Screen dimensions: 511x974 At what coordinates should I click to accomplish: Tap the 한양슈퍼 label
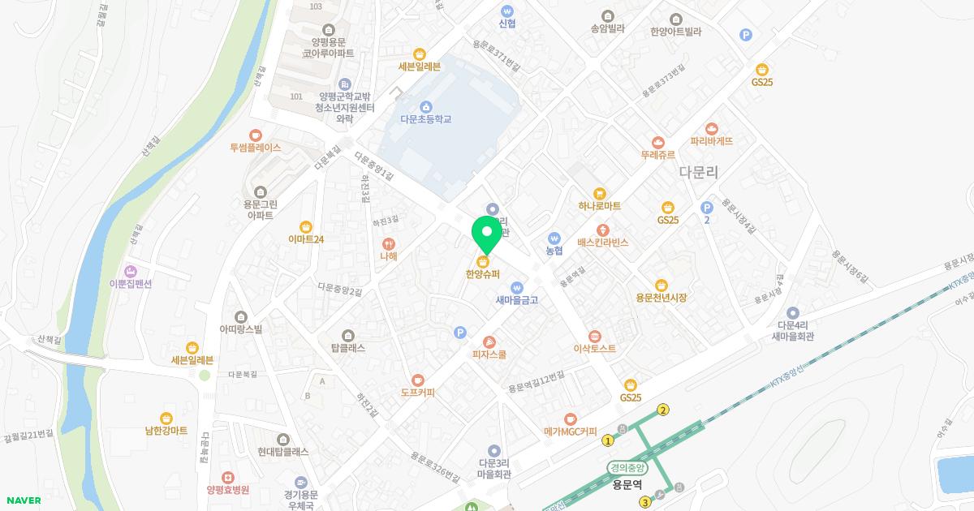pos(483,274)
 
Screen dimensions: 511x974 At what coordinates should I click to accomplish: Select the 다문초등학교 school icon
pos(425,106)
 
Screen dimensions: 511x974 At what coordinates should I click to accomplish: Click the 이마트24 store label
pos(306,239)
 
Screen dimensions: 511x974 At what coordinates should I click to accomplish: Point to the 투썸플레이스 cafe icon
pos(256,135)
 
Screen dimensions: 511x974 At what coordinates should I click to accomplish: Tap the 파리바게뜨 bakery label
pos(712,140)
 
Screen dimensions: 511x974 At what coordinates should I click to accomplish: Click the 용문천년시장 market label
pos(662,298)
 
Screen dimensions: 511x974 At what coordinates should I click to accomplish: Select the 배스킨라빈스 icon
pos(603,230)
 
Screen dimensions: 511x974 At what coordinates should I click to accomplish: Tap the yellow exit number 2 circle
pos(663,410)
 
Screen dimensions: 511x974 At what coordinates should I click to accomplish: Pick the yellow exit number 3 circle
pos(645,502)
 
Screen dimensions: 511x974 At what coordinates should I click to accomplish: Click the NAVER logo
pos(22,500)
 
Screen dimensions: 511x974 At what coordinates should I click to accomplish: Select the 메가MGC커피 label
pos(571,432)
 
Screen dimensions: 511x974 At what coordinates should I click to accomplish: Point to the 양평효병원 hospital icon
pos(227,477)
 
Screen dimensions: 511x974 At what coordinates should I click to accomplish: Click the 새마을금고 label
pos(518,300)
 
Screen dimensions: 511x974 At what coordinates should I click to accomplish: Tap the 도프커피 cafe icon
pos(417,380)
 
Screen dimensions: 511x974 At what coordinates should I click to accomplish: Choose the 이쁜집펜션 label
pos(131,284)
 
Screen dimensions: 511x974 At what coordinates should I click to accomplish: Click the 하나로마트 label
pos(600,207)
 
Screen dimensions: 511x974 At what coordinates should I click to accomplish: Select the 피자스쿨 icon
pos(489,341)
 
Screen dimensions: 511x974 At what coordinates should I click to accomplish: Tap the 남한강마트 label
pos(166,431)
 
